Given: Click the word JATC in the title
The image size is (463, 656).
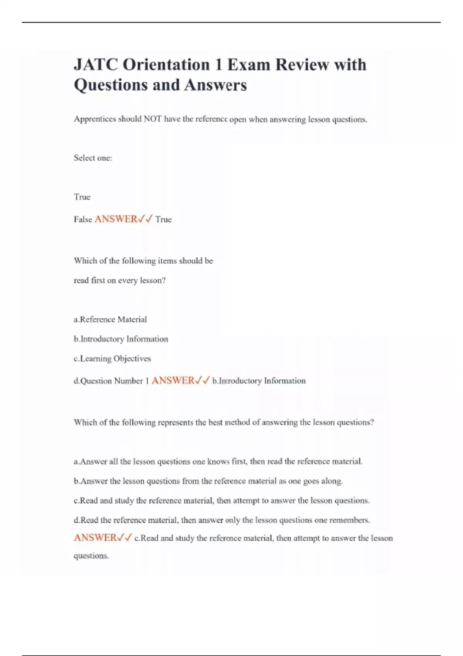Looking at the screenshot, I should [x=96, y=64].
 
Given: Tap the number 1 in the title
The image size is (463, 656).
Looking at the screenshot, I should [x=218, y=64].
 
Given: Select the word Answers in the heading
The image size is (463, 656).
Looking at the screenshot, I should [x=215, y=85].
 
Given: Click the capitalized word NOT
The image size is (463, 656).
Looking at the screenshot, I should [x=152, y=119].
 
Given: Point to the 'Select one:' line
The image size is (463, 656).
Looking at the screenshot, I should [x=93, y=158].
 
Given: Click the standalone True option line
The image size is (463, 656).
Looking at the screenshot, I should [x=82, y=197].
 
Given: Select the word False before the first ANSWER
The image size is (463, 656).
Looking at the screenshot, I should [x=83, y=219].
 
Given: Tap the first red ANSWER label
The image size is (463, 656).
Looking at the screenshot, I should [x=116, y=219].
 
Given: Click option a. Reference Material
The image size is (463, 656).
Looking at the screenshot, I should [x=110, y=320].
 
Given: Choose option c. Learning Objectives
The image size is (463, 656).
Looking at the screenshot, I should [x=112, y=358].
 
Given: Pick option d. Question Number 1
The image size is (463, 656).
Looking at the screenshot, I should [x=111, y=381].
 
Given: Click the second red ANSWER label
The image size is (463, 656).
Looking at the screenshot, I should [x=173, y=380].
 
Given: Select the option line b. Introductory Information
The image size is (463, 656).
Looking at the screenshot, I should [x=121, y=339].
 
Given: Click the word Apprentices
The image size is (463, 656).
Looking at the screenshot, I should [x=95, y=119].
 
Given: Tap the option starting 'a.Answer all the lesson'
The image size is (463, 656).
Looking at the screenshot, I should [x=218, y=462].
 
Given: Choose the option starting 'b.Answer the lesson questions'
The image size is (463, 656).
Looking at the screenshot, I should [x=208, y=481].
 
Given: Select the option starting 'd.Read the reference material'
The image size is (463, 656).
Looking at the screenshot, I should [x=222, y=520].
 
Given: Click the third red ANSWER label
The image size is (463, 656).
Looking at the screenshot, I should [x=95, y=538].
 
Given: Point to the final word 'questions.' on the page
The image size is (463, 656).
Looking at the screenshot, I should [x=91, y=556].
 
